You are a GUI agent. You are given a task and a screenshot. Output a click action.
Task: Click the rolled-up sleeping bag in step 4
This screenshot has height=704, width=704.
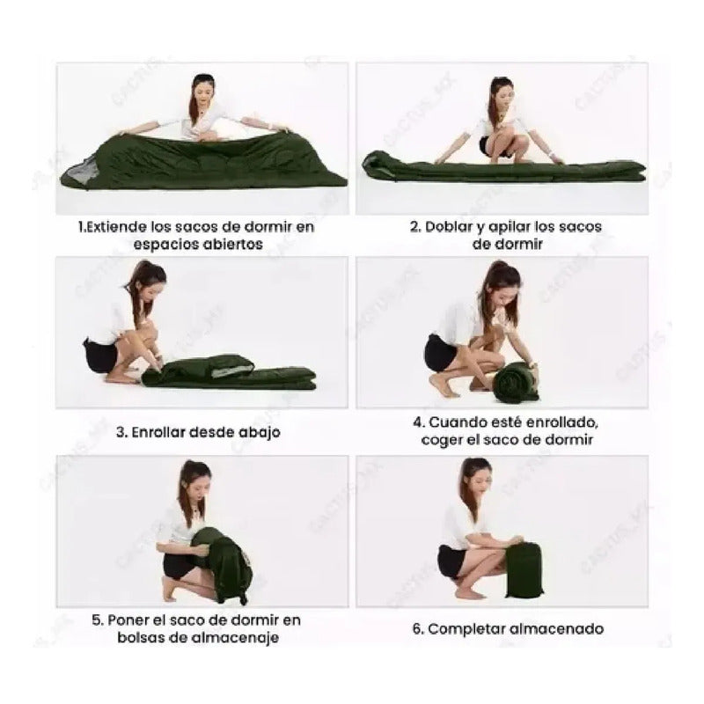516,382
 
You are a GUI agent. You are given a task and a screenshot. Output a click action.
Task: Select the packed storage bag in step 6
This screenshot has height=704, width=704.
524,570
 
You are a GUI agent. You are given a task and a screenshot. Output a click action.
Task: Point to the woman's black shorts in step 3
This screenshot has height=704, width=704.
101,356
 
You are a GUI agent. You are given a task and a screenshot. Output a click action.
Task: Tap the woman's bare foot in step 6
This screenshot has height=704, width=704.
471,593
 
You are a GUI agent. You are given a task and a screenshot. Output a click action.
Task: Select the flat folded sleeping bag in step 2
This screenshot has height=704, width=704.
503,166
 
